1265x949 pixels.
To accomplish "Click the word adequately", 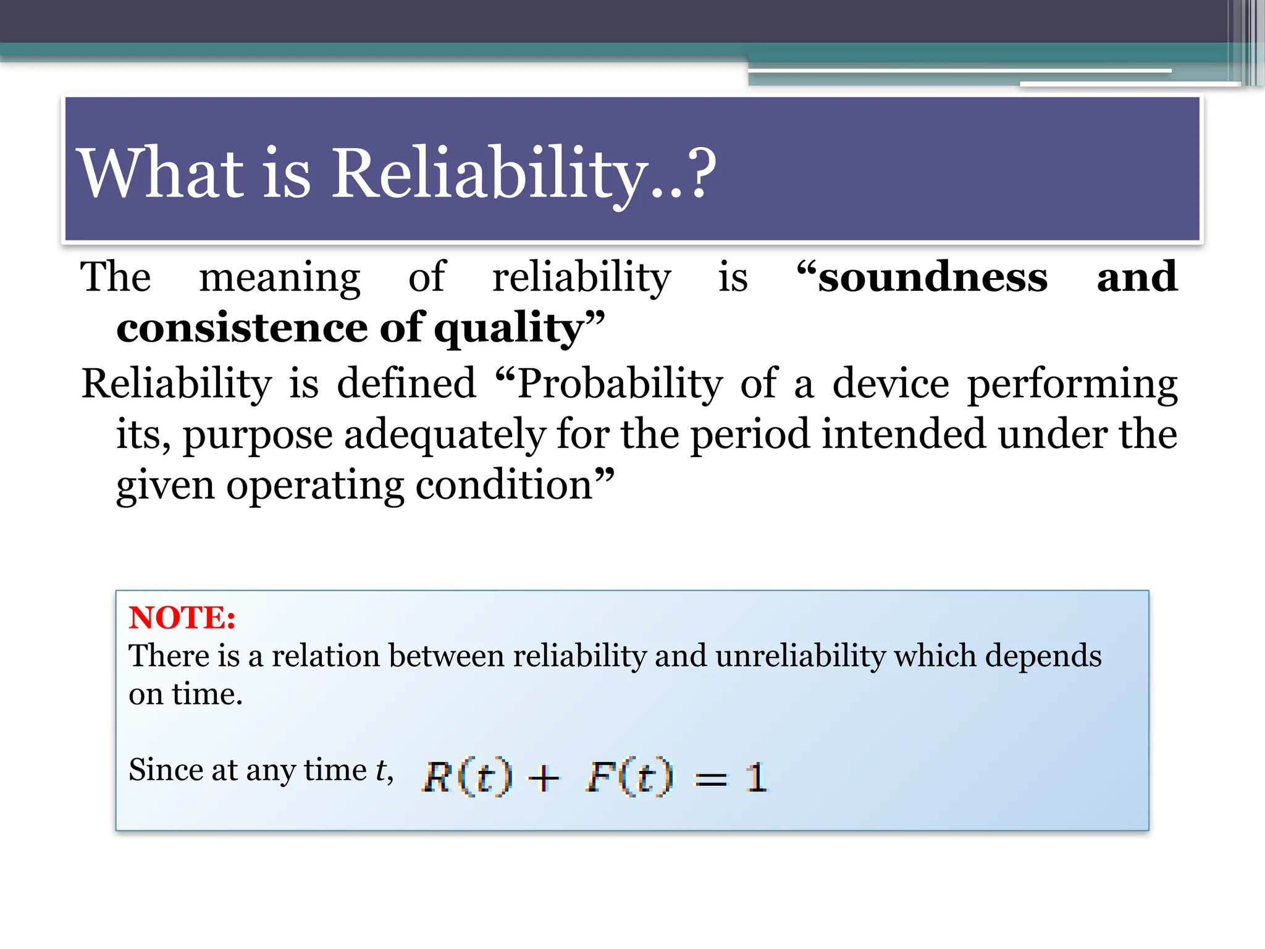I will [x=445, y=435].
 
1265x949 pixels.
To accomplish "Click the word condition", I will [x=504, y=485].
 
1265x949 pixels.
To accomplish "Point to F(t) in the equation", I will [x=629, y=777].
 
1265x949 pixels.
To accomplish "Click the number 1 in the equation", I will [x=756, y=777].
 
